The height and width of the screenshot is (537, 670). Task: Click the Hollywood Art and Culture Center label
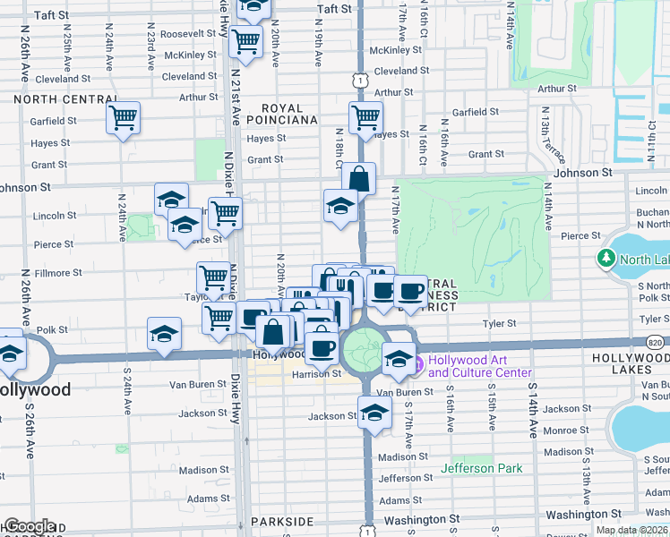(479, 366)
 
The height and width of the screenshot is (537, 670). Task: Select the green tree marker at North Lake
(606, 259)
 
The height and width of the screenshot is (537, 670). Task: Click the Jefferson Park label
(482, 468)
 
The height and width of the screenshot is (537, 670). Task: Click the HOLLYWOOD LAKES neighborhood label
(632, 362)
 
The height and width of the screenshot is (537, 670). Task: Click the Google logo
(29, 526)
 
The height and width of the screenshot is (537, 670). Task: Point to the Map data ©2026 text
(631, 530)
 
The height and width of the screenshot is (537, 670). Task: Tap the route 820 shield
(657, 342)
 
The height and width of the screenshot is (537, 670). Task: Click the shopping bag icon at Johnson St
(358, 178)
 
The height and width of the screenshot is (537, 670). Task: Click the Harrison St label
(317, 374)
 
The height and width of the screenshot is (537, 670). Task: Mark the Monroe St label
(562, 430)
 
